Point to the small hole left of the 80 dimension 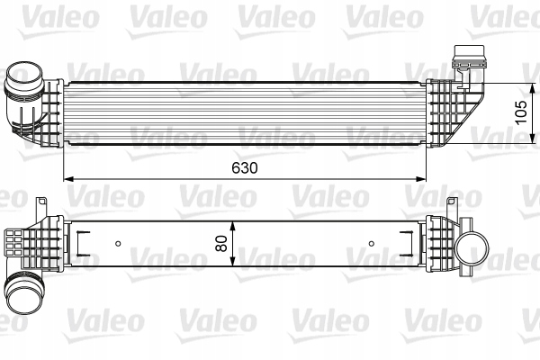pos(120,242)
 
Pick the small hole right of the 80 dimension pos(372,242)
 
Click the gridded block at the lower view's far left pos(13,242)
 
